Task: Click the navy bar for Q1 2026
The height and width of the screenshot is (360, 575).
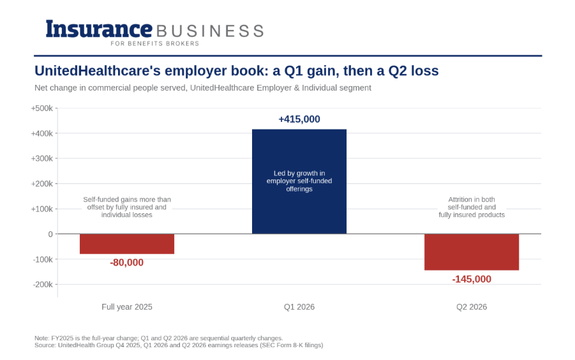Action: click(299, 181)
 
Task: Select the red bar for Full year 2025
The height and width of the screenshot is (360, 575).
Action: click(127, 244)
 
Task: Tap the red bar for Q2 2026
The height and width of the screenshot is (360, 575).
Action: click(472, 252)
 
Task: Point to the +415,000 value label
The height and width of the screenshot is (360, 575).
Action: click(299, 119)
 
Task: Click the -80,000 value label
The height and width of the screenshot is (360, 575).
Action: click(127, 262)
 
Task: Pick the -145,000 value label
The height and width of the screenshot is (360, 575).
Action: click(472, 279)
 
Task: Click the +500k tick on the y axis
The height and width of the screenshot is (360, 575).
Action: click(42, 109)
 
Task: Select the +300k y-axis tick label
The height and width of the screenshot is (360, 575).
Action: click(42, 159)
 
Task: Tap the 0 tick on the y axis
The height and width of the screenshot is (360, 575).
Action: click(50, 234)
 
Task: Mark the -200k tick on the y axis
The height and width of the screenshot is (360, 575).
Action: click(43, 285)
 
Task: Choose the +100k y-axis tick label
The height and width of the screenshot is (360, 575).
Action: click(42, 209)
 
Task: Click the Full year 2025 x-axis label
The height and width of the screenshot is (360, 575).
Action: click(127, 307)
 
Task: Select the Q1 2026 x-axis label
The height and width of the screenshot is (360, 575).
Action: click(299, 307)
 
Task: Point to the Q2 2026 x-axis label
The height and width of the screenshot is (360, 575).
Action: click(472, 307)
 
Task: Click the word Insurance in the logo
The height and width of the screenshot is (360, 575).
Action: click(99, 29)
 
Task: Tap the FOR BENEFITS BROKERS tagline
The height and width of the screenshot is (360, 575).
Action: click(154, 43)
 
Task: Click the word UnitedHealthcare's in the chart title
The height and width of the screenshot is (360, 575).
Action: click(98, 71)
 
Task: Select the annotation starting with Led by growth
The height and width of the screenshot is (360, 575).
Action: click(299, 181)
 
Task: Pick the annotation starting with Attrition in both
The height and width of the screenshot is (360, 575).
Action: click(472, 207)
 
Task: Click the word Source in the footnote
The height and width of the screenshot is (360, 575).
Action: click(45, 345)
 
